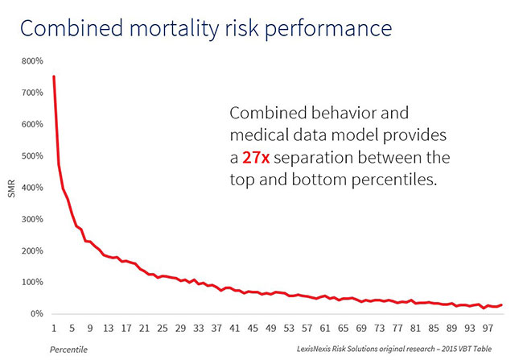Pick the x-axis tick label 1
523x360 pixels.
(x=54, y=329)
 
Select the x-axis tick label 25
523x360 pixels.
(x=163, y=329)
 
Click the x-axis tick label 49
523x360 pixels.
(x=270, y=329)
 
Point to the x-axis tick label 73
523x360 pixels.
(x=378, y=329)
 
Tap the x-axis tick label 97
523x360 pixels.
(x=486, y=329)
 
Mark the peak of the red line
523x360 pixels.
(x=54, y=77)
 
